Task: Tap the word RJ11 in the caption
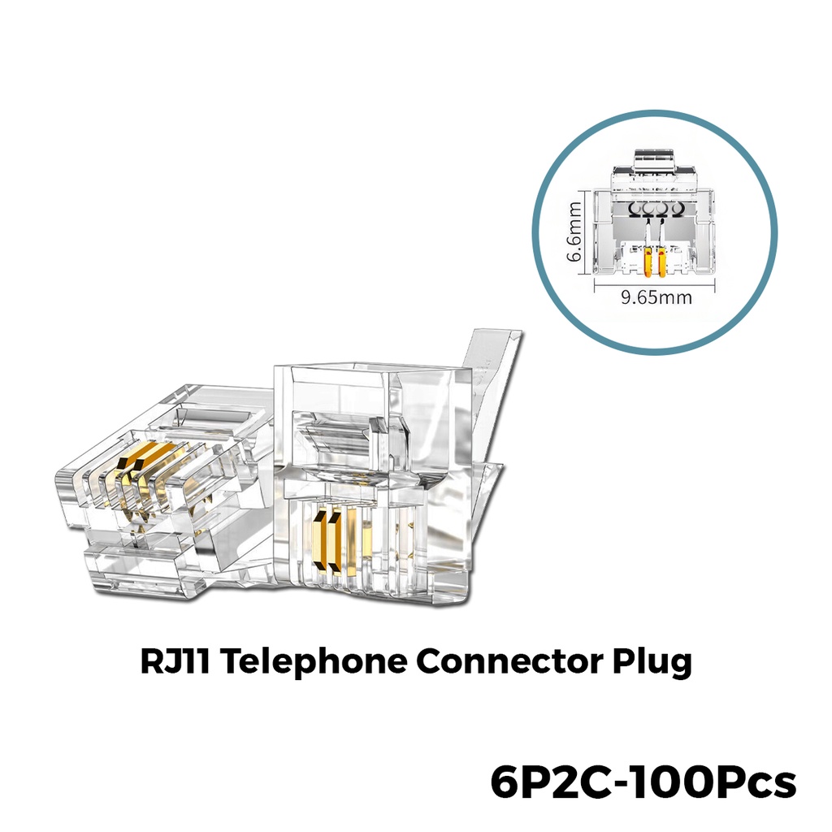point(175,661)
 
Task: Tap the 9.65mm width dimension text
point(656,297)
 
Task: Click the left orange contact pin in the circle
point(648,261)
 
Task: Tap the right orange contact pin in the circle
point(662,261)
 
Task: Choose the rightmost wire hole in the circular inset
point(675,209)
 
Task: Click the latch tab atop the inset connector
point(655,160)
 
